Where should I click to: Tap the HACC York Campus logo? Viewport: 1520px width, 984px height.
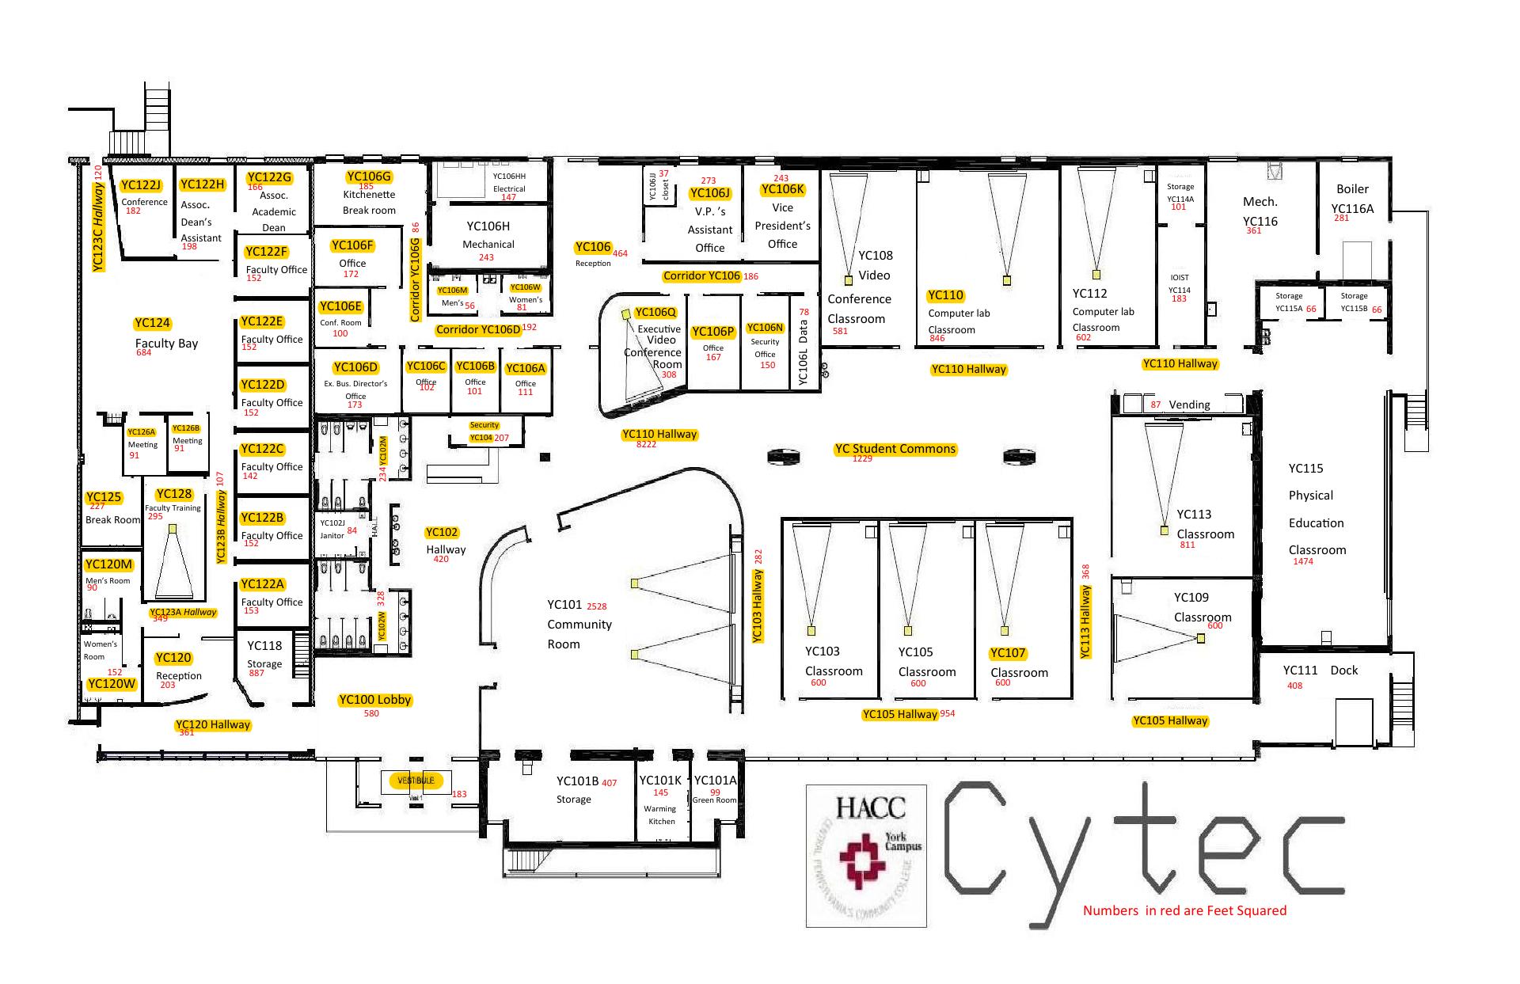(x=866, y=855)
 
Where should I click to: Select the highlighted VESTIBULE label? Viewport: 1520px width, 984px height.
(x=416, y=781)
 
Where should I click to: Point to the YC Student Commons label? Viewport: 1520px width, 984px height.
(x=895, y=449)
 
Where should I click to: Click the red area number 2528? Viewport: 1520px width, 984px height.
(x=596, y=606)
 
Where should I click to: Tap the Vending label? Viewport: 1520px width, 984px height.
(x=1189, y=405)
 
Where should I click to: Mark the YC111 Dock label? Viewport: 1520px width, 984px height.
(x=1320, y=671)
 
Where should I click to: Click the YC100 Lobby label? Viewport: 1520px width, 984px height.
(x=374, y=700)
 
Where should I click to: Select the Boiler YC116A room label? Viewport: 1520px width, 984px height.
(x=1352, y=199)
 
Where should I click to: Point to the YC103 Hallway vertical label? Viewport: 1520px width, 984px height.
(x=758, y=606)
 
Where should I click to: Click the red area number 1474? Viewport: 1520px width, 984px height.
(x=1302, y=561)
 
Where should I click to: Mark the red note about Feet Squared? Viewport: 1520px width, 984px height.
(x=1184, y=910)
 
